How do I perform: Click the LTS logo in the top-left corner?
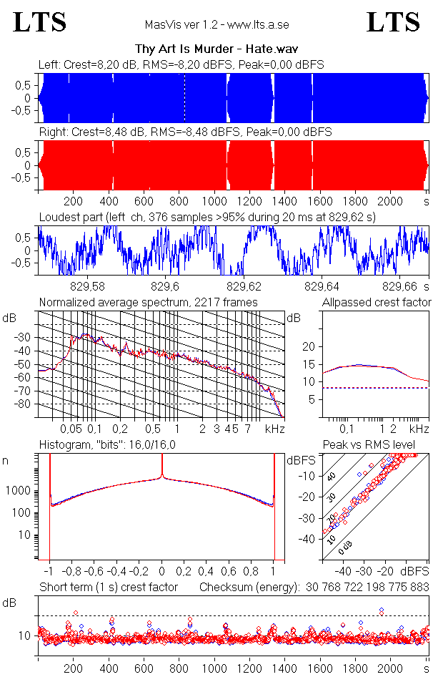pos(40,22)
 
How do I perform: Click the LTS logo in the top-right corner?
pos(393,22)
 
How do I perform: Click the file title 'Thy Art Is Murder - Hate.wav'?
pos(216,49)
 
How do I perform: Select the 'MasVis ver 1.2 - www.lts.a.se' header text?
pos(216,25)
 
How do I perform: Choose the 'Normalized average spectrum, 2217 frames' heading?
pos(149,302)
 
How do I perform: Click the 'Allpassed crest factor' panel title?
pos(377,302)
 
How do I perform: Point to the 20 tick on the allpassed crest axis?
pos(309,346)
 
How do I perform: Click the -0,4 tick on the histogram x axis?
pos(116,572)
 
